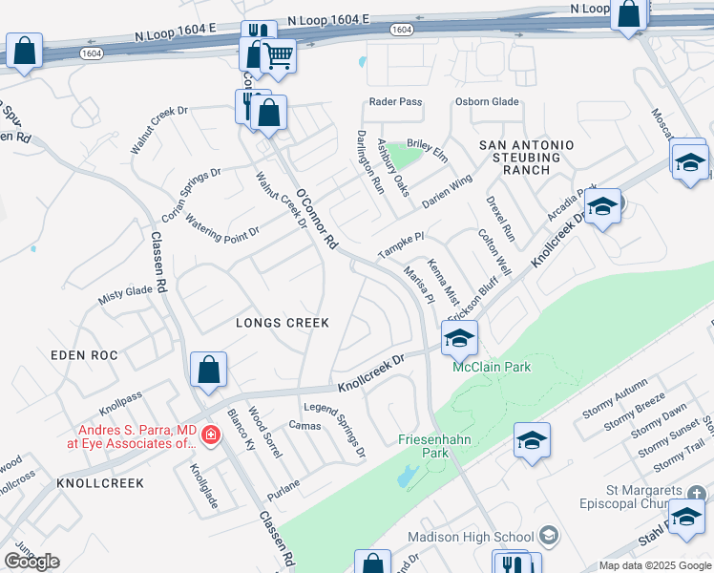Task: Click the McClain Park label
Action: [491, 367]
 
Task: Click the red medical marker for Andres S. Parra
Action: [210, 436]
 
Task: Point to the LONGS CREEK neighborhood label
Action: [283, 323]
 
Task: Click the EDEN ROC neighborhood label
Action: [85, 355]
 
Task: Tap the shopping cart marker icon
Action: [278, 55]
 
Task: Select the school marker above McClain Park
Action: [459, 338]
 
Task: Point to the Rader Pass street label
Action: [394, 102]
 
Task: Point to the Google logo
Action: [31, 561]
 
